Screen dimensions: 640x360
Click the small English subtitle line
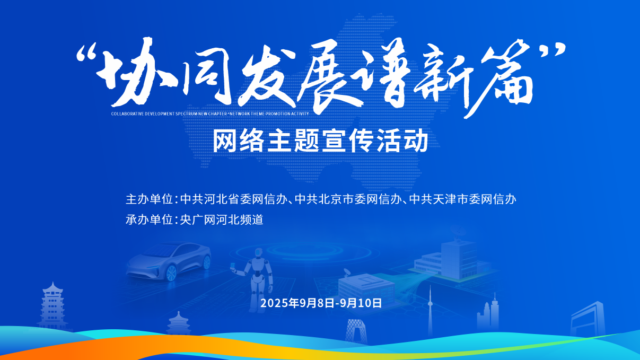click(x=210, y=113)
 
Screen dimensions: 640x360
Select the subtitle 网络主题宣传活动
click(x=320, y=141)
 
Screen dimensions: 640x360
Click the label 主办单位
click(x=150, y=199)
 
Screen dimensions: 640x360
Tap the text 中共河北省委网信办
click(x=233, y=199)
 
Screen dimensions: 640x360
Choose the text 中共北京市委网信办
click(x=348, y=199)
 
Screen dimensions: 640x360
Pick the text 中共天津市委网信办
click(x=462, y=199)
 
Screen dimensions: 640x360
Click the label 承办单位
click(x=150, y=219)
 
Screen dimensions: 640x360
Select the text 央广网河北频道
click(x=222, y=219)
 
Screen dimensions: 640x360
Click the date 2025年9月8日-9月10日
click(x=321, y=303)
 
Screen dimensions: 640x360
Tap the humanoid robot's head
click(x=259, y=252)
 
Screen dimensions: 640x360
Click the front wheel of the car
click(x=171, y=273)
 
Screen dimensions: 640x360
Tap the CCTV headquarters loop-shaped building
click(x=356, y=331)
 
